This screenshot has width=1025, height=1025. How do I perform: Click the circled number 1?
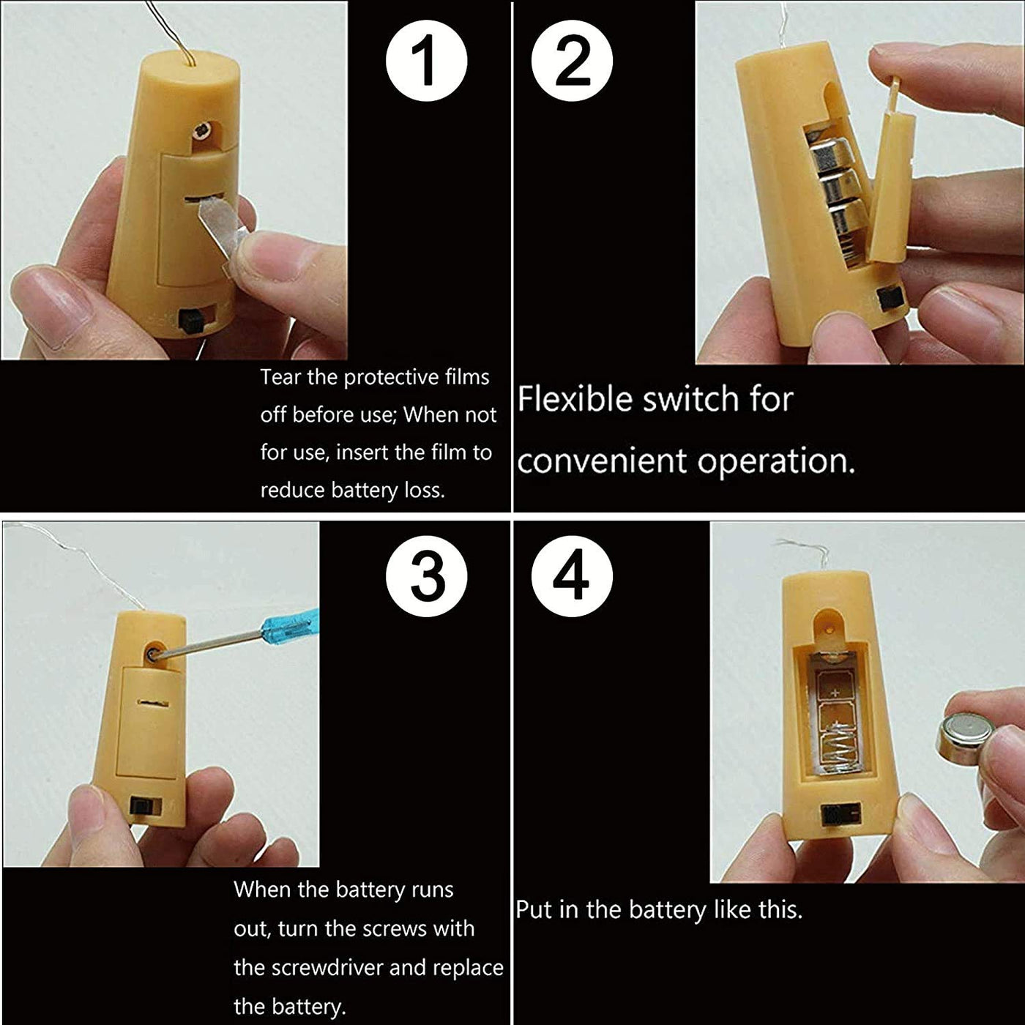tap(426, 61)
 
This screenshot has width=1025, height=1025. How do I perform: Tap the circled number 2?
tap(572, 61)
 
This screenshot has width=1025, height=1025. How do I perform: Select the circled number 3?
tap(426, 576)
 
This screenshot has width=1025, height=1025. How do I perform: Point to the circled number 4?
tap(572, 576)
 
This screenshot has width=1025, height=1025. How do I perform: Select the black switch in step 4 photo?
tap(835, 814)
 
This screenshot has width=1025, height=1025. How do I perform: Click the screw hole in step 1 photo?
tap(203, 130)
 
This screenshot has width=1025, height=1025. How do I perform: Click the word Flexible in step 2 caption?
tap(575, 399)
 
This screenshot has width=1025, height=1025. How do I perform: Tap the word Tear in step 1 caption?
tap(280, 377)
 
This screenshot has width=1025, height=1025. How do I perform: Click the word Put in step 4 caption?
tap(534, 910)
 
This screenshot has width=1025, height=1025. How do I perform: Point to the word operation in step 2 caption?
tap(776, 462)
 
